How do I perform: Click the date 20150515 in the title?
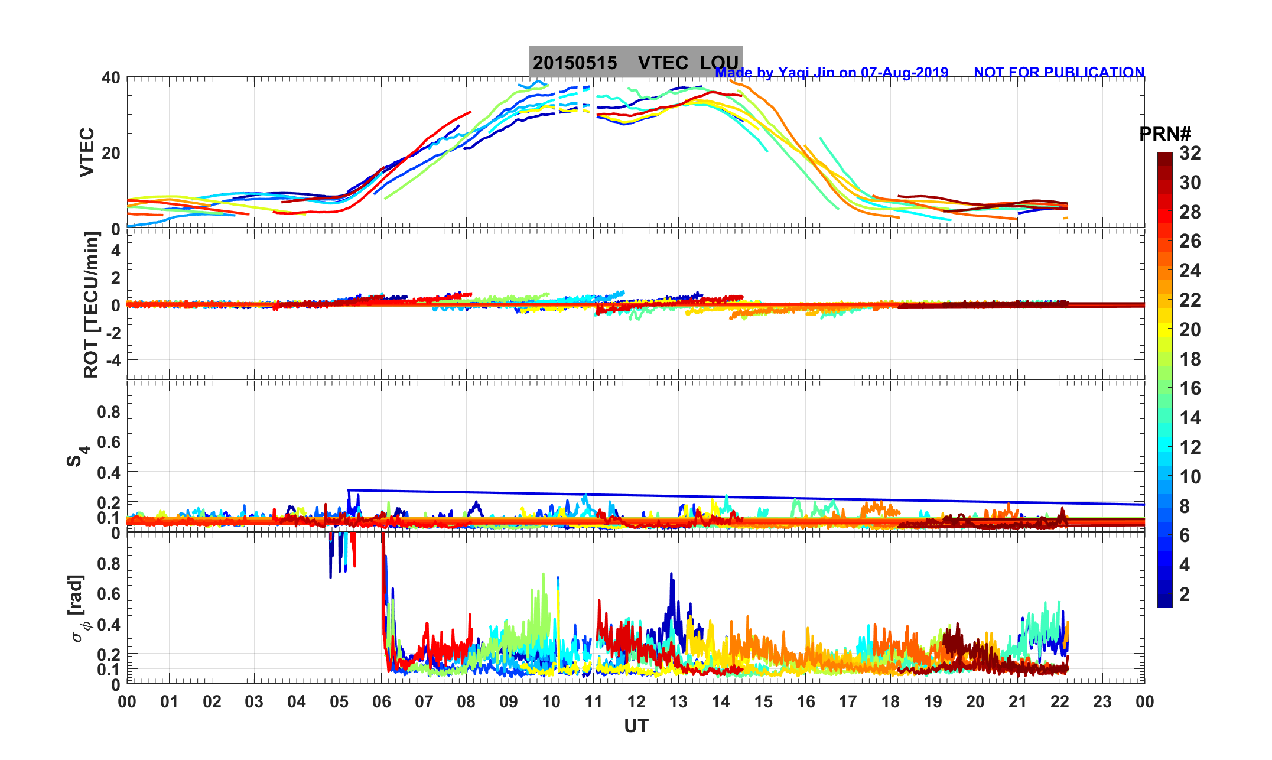[x=575, y=63]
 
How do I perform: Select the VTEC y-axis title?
[x=87, y=152]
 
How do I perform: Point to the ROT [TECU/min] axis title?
[x=91, y=305]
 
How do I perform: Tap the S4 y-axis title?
[x=76, y=456]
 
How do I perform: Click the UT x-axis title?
[x=636, y=726]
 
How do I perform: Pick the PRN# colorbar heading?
[x=1165, y=134]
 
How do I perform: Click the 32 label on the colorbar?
[x=1190, y=153]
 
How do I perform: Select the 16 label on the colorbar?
[x=1190, y=388]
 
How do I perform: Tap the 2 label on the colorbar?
[x=1184, y=594]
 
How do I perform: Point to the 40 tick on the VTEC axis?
[x=110, y=77]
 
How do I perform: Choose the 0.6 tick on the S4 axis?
[x=109, y=442]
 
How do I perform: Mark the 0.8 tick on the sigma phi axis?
[x=109, y=563]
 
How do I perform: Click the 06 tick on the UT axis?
[x=382, y=702]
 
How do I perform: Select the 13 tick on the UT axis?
[x=678, y=702]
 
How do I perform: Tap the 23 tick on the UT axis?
[x=1102, y=702]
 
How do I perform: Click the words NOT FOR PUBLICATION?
[x=1059, y=72]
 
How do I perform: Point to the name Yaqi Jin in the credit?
[x=806, y=73]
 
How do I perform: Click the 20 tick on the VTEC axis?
[x=110, y=152]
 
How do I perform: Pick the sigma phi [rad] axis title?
[x=78, y=609]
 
